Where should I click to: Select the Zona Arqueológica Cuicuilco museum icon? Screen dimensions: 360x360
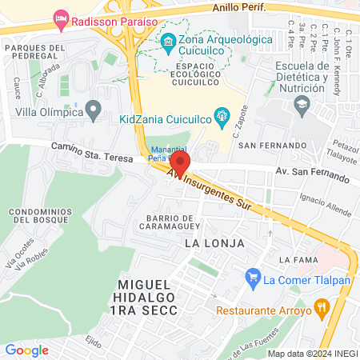(x=168, y=40)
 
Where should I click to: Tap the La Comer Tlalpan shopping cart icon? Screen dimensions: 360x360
(x=254, y=279)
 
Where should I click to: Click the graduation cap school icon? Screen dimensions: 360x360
(x=301, y=104)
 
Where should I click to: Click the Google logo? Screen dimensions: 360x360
(x=26, y=350)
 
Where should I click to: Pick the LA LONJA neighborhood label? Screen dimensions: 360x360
(x=213, y=242)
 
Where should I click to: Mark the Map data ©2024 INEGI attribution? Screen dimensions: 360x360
(x=311, y=353)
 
